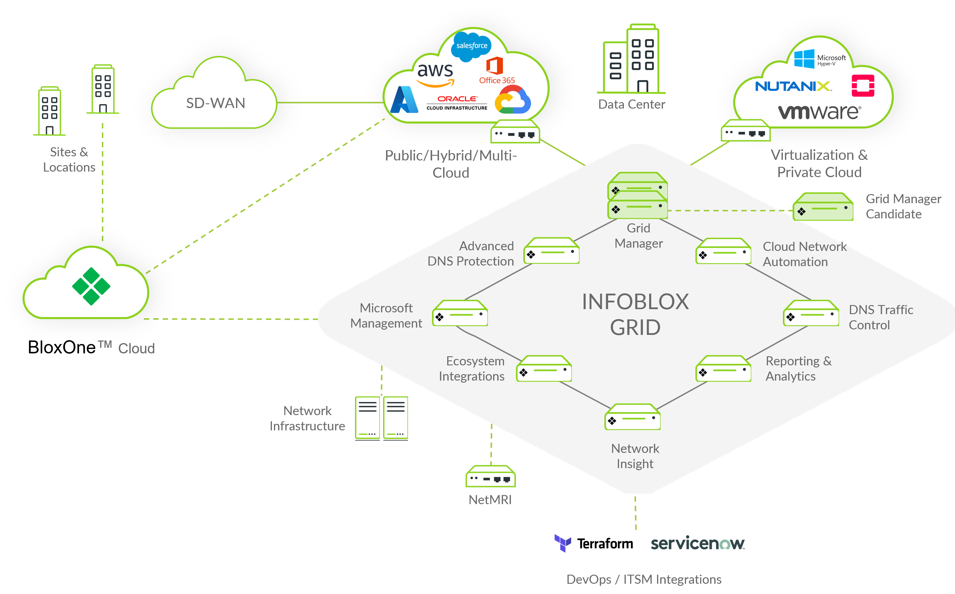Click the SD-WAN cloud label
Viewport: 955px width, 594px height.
pyautogui.click(x=216, y=103)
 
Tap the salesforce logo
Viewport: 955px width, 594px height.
pyautogui.click(x=472, y=46)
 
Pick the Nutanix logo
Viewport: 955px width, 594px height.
pyautogui.click(x=793, y=86)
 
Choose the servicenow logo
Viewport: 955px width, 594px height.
pyautogui.click(x=697, y=543)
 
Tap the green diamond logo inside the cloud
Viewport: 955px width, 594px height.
pyautogui.click(x=91, y=286)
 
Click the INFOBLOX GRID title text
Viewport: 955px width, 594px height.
pyautogui.click(x=635, y=314)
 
